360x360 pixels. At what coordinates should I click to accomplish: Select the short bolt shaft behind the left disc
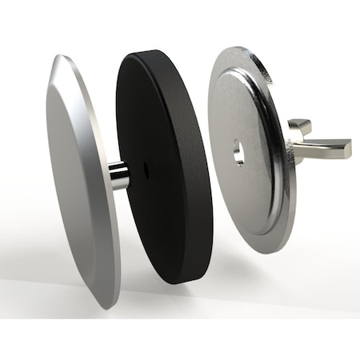tap(118, 174)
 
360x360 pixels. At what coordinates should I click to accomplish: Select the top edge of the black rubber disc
tap(152, 54)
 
